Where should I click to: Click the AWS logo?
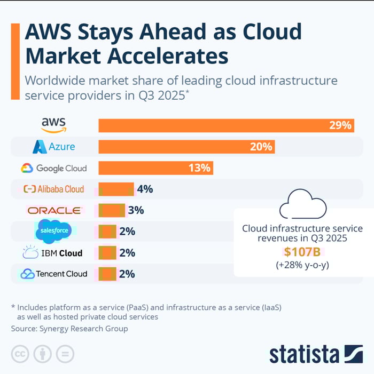tap(54, 125)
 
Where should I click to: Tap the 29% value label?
tap(340, 126)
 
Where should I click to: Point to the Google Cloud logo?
tap(53, 168)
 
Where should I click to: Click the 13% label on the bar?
tap(199, 168)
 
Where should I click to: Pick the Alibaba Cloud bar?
tap(115, 189)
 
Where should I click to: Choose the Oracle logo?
tap(54, 210)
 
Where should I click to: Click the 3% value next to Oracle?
tap(136, 210)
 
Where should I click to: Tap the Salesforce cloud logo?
tap(53, 232)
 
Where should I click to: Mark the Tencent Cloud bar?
tap(107, 274)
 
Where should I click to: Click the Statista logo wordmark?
tap(304, 354)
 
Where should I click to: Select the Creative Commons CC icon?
tap(20, 354)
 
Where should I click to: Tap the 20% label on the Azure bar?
tap(261, 147)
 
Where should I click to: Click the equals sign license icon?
tap(65, 354)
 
